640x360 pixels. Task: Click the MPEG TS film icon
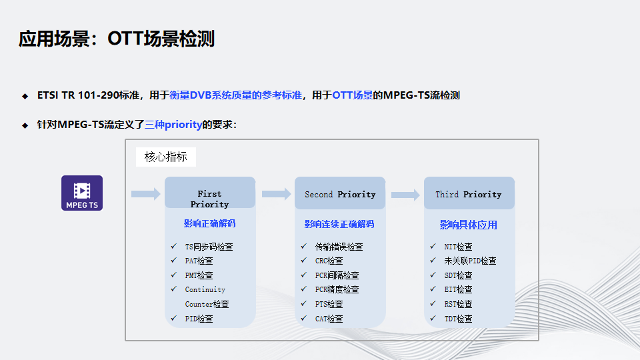pyautogui.click(x=82, y=193)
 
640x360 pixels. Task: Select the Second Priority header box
pyautogui.click(x=340, y=193)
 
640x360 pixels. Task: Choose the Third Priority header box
pyautogui.click(x=469, y=193)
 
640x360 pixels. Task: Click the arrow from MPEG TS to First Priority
pyautogui.click(x=146, y=194)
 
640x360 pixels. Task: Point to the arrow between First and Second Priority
pyautogui.click(x=277, y=194)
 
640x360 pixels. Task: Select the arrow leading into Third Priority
pyautogui.click(x=405, y=195)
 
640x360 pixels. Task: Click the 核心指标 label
pyautogui.click(x=166, y=157)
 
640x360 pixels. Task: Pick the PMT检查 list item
pyautogui.click(x=199, y=275)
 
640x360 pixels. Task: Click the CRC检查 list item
pyautogui.click(x=329, y=261)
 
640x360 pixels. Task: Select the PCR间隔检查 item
pyautogui.click(x=337, y=275)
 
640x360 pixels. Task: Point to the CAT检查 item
pyautogui.click(x=329, y=319)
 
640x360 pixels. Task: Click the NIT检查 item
pyautogui.click(x=458, y=247)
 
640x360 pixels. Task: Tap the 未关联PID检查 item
pyautogui.click(x=470, y=261)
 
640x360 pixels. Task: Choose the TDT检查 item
pyautogui.click(x=458, y=319)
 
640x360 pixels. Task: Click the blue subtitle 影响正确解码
pyautogui.click(x=209, y=224)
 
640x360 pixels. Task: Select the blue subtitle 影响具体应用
pyautogui.click(x=468, y=225)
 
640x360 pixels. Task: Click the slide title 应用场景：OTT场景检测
pyautogui.click(x=117, y=39)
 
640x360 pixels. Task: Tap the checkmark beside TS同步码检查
pyautogui.click(x=173, y=246)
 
